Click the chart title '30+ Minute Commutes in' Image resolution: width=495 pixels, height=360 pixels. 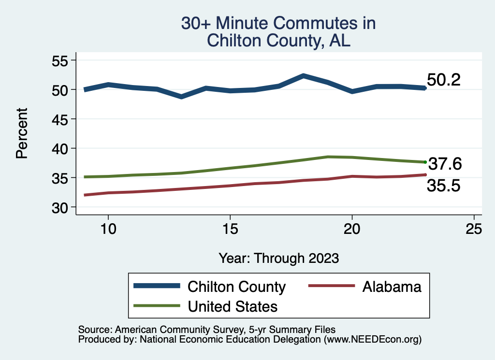tap(278, 23)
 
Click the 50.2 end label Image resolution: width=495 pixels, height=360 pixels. tap(443, 80)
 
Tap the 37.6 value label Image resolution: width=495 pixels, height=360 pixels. tap(445, 164)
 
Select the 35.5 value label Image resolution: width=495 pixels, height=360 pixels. tap(443, 186)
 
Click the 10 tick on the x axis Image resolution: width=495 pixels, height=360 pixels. tap(108, 229)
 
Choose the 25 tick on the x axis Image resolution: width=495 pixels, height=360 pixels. tap(474, 229)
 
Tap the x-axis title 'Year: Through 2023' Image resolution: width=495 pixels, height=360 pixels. tap(278, 258)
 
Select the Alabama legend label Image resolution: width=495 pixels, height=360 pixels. tap(391, 287)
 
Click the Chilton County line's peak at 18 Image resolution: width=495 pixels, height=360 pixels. tap(303, 76)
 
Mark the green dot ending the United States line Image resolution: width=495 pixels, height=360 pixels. tap(425, 162)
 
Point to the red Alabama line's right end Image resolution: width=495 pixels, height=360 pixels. tap(425, 174)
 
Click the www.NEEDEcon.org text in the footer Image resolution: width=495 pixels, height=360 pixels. tap(372, 340)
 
